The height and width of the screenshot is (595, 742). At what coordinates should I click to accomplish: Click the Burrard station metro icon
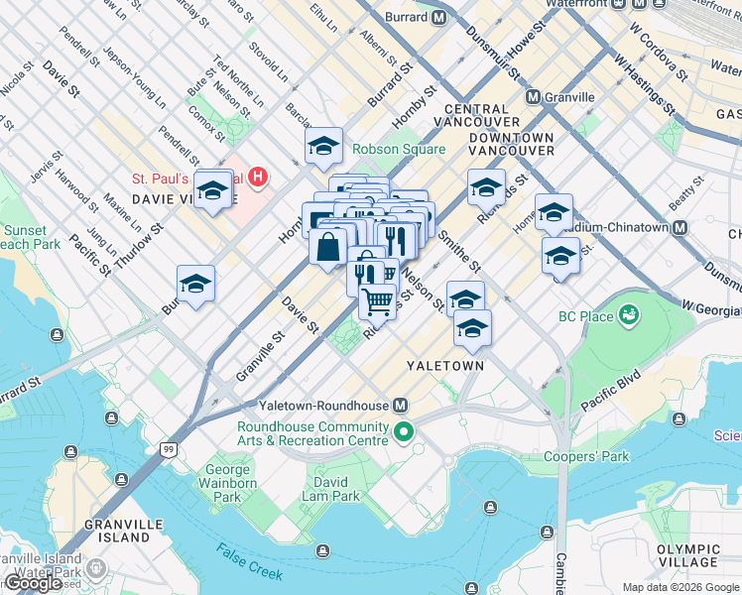(438, 17)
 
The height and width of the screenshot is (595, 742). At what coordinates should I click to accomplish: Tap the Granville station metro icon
(534, 97)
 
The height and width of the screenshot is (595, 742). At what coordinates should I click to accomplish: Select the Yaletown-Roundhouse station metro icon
(401, 406)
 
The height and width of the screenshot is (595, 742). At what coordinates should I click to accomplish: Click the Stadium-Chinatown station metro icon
(680, 227)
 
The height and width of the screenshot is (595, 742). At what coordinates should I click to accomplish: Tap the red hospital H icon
(258, 178)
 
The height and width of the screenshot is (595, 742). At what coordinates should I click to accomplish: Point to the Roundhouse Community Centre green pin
(404, 432)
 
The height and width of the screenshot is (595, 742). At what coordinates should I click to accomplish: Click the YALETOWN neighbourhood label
(445, 366)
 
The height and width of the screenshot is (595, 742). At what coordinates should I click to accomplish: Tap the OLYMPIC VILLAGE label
(687, 556)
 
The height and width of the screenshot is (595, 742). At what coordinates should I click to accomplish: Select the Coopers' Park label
(586, 457)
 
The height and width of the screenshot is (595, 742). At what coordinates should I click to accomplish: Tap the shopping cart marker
(378, 299)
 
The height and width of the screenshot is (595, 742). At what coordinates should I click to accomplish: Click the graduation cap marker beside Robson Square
(323, 147)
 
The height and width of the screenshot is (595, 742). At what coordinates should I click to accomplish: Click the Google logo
(33, 583)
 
